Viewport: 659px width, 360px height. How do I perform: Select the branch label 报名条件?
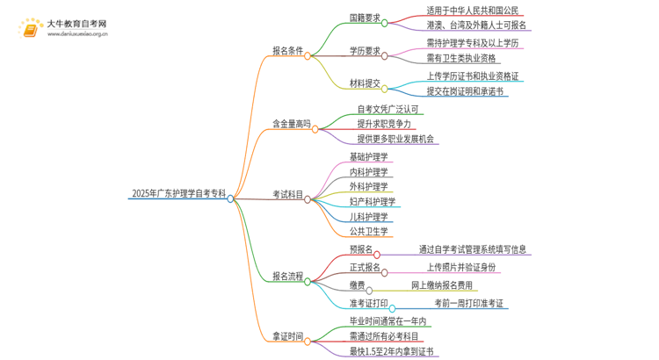click(287, 52)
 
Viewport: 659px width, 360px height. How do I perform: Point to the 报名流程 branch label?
click(287, 277)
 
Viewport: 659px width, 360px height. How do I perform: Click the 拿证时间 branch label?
click(287, 336)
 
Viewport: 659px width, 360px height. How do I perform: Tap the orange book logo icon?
click(30, 28)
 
